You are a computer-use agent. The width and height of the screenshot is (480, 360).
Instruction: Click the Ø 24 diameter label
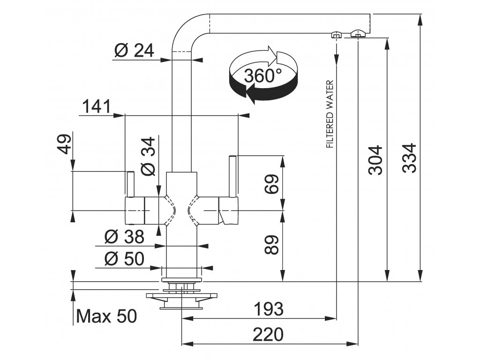(134, 50)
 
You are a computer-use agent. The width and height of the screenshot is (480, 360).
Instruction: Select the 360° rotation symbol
(263, 75)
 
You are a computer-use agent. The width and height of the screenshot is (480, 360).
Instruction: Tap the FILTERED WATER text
(330, 114)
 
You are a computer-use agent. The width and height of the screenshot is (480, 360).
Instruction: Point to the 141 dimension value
(97, 107)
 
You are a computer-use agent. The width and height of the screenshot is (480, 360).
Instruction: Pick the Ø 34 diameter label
(148, 157)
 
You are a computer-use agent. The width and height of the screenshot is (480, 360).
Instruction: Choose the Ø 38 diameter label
(124, 237)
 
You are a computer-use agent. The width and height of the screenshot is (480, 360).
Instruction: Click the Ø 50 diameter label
(124, 259)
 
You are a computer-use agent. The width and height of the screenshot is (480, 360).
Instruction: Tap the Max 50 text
(106, 316)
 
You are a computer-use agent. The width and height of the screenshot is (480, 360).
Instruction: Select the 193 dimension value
(269, 309)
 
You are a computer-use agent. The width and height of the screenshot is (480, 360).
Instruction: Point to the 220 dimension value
(268, 334)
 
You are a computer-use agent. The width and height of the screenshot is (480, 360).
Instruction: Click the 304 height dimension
(375, 160)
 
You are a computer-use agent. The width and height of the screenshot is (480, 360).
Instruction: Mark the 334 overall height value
(409, 158)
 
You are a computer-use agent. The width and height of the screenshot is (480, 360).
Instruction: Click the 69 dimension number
(271, 184)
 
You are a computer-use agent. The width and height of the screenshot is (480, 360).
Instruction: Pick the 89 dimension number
(271, 245)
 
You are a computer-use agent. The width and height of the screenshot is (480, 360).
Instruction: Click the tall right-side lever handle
(233, 176)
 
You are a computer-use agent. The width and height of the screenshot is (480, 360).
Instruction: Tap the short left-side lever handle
(130, 184)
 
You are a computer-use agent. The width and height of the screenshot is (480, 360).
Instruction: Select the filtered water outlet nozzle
(336, 34)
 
